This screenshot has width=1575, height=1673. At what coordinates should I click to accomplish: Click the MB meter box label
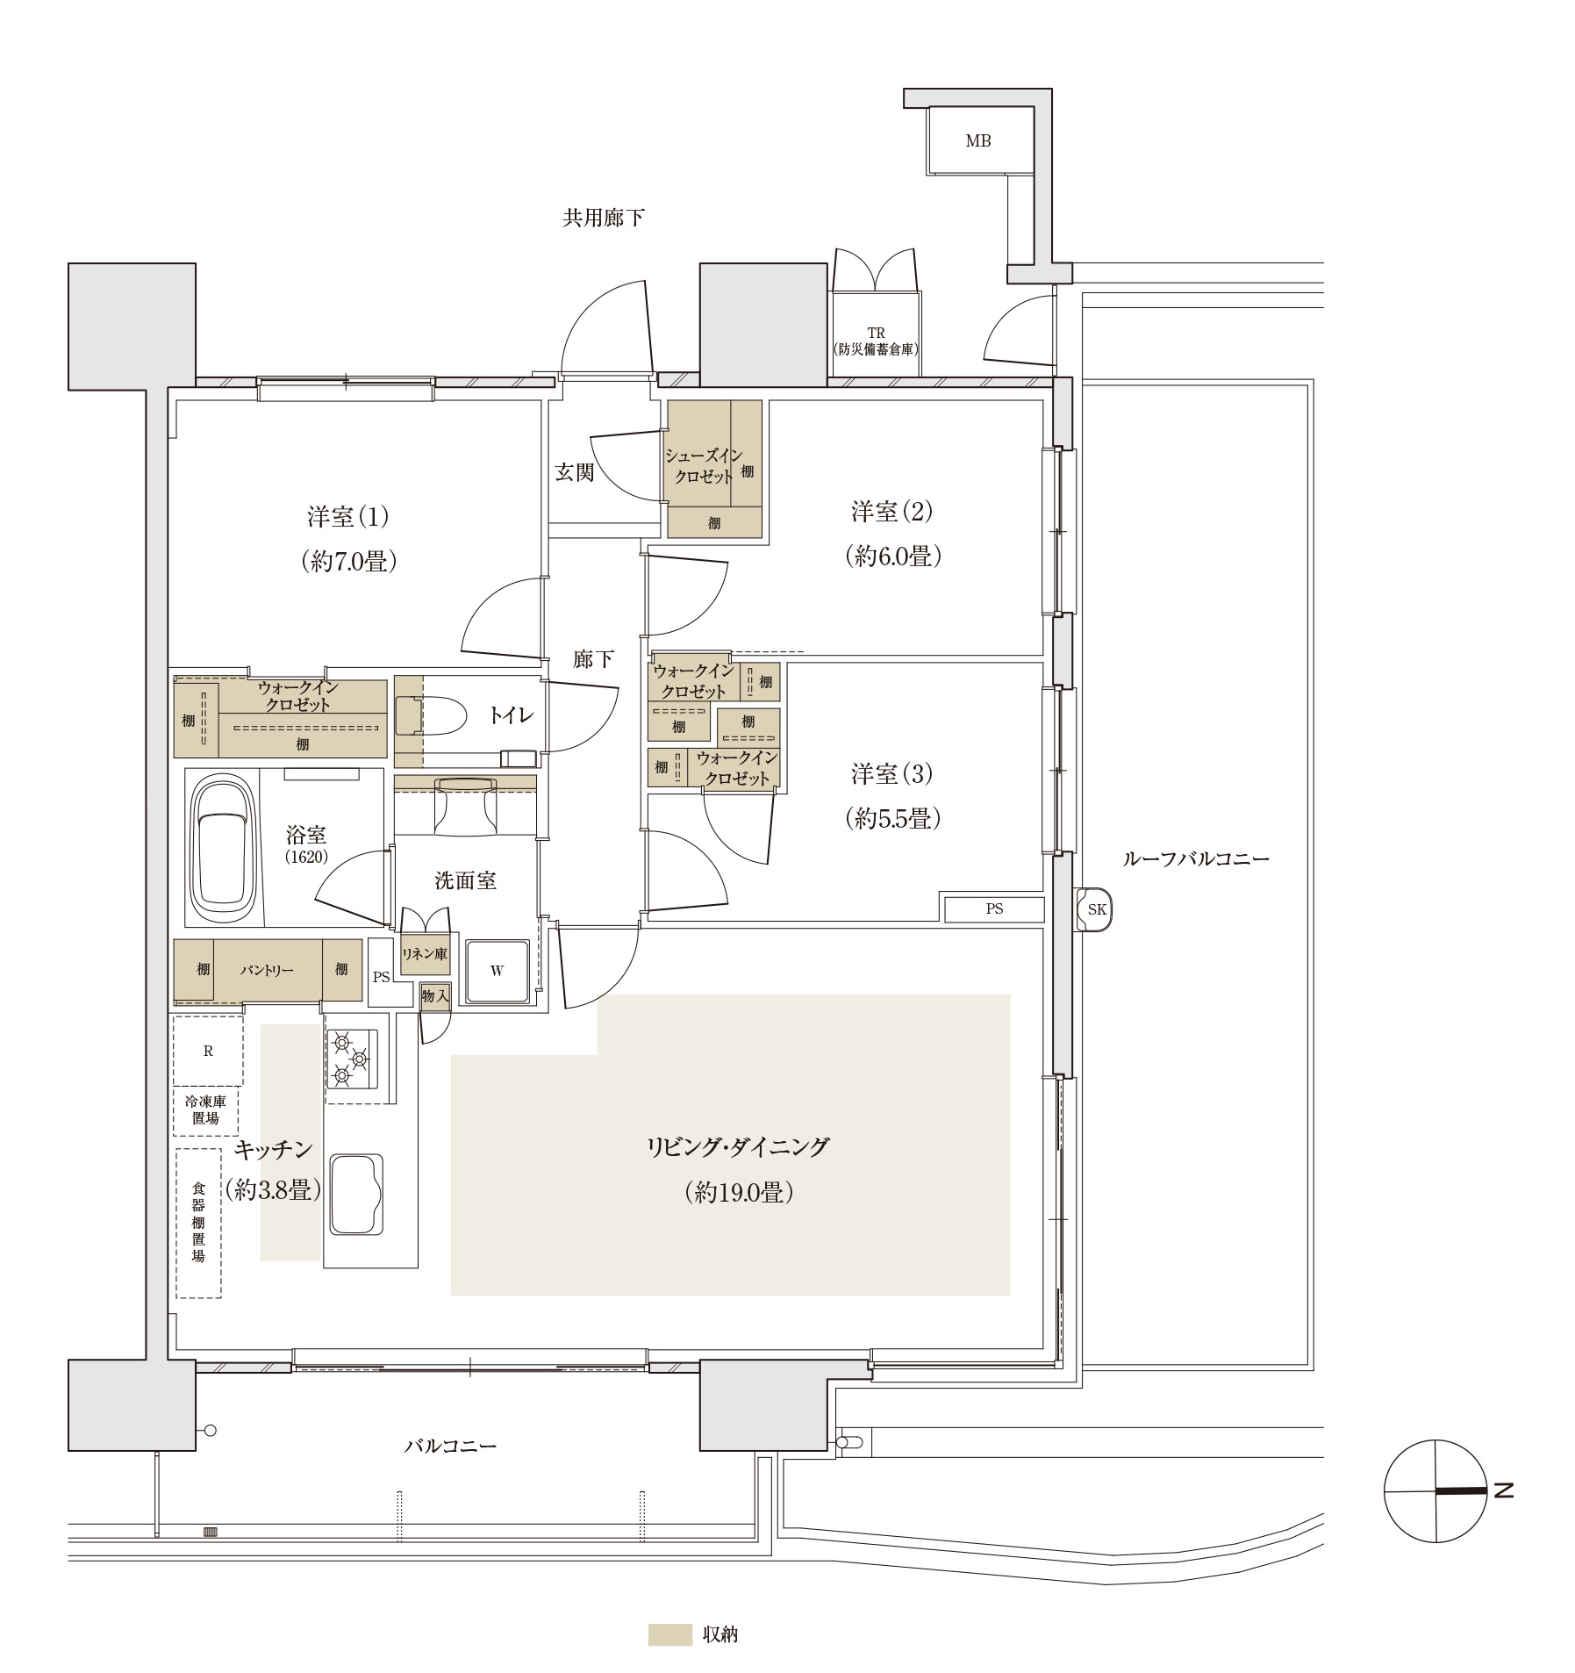[x=977, y=140]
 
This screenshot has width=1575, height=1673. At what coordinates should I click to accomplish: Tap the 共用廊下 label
[x=603, y=218]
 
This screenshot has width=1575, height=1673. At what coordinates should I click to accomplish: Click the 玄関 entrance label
[x=575, y=472]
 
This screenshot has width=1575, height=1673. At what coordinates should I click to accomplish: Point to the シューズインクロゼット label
[x=704, y=466]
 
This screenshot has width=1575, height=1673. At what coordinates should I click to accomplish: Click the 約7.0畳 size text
[x=348, y=561]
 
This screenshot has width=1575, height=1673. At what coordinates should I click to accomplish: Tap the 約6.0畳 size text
[x=892, y=556]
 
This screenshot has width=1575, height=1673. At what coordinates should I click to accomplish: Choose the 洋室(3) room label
[x=891, y=773]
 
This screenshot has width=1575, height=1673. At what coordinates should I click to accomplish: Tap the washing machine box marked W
[x=498, y=971]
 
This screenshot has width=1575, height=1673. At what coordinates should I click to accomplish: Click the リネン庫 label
[x=425, y=953]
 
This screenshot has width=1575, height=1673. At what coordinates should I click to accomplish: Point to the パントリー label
[x=267, y=970]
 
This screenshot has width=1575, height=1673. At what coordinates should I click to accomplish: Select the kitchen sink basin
[x=356, y=1194]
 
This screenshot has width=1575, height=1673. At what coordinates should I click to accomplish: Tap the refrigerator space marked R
[x=208, y=1051]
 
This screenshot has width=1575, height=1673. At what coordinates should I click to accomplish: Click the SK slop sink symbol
[x=1095, y=909]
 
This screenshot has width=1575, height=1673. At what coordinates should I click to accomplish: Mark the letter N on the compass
[x=1504, y=1490]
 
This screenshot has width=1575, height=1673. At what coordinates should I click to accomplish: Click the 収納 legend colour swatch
[x=669, y=1634]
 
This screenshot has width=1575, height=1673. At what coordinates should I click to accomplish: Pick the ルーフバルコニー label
[x=1196, y=858]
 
